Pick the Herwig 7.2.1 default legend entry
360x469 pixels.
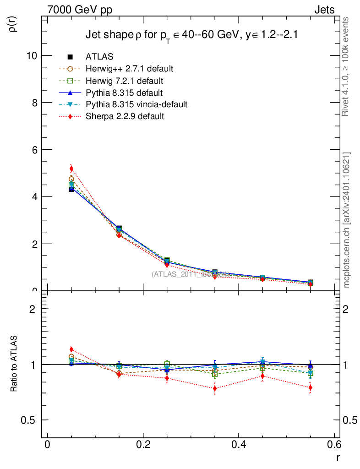124,81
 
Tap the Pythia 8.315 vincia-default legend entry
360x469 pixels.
136,104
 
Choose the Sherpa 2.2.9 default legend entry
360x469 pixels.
125,116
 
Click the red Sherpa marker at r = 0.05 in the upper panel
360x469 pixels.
71,169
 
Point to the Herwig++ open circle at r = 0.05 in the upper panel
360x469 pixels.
71,179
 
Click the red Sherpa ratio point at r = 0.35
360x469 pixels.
214,388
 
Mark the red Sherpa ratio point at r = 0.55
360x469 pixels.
310,388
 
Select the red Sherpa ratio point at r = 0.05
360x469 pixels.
71,349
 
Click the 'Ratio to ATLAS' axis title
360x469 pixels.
14,364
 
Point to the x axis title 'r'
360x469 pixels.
338,457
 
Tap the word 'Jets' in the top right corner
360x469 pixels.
324,10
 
